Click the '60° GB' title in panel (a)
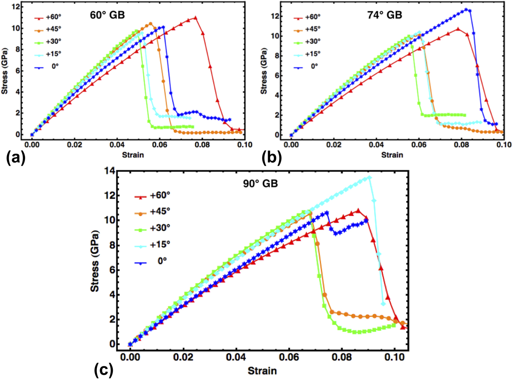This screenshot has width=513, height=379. [107, 15]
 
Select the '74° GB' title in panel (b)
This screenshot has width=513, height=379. [384, 15]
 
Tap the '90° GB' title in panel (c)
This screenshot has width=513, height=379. [260, 184]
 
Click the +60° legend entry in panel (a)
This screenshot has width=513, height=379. [48, 17]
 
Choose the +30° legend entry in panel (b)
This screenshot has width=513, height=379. [307, 42]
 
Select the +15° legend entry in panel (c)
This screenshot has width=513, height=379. [152, 244]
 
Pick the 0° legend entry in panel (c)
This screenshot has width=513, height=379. [151, 261]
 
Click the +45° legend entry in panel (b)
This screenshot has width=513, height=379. [307, 29]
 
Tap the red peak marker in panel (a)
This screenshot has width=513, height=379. [195, 17]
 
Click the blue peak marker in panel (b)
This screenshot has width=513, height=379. [466, 10]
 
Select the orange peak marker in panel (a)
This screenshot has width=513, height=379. [150, 23]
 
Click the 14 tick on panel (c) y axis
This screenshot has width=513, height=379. [109, 171]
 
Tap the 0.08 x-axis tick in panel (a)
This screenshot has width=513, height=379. [202, 145]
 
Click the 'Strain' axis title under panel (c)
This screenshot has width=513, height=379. [262, 371]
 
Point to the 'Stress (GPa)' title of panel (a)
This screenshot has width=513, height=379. [5, 71]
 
